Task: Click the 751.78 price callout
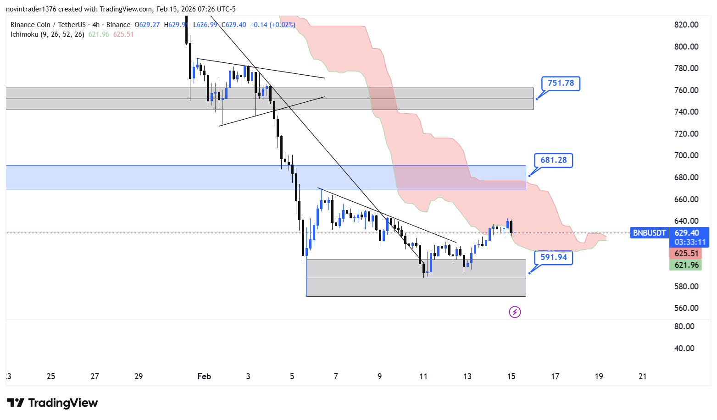coord(561,83)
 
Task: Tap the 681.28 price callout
coord(553,160)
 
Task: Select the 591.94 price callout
coord(553,257)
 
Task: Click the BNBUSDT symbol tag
coord(649,233)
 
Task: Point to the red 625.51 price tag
coord(686,254)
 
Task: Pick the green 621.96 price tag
coord(686,265)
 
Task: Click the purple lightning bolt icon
coord(515,312)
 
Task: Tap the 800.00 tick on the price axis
coord(686,47)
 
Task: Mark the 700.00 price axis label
coord(686,155)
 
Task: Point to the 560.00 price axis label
coord(686,308)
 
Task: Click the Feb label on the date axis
coord(204,376)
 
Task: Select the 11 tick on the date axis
coord(423,376)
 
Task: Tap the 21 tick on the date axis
coord(642,376)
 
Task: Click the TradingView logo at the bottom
coord(52,403)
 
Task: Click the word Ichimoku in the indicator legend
coord(24,34)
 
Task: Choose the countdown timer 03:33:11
coord(689,242)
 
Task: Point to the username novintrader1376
coord(31,9)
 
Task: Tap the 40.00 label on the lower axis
coord(684,348)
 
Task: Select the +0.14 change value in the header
coord(258,25)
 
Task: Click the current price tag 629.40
coord(687,233)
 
